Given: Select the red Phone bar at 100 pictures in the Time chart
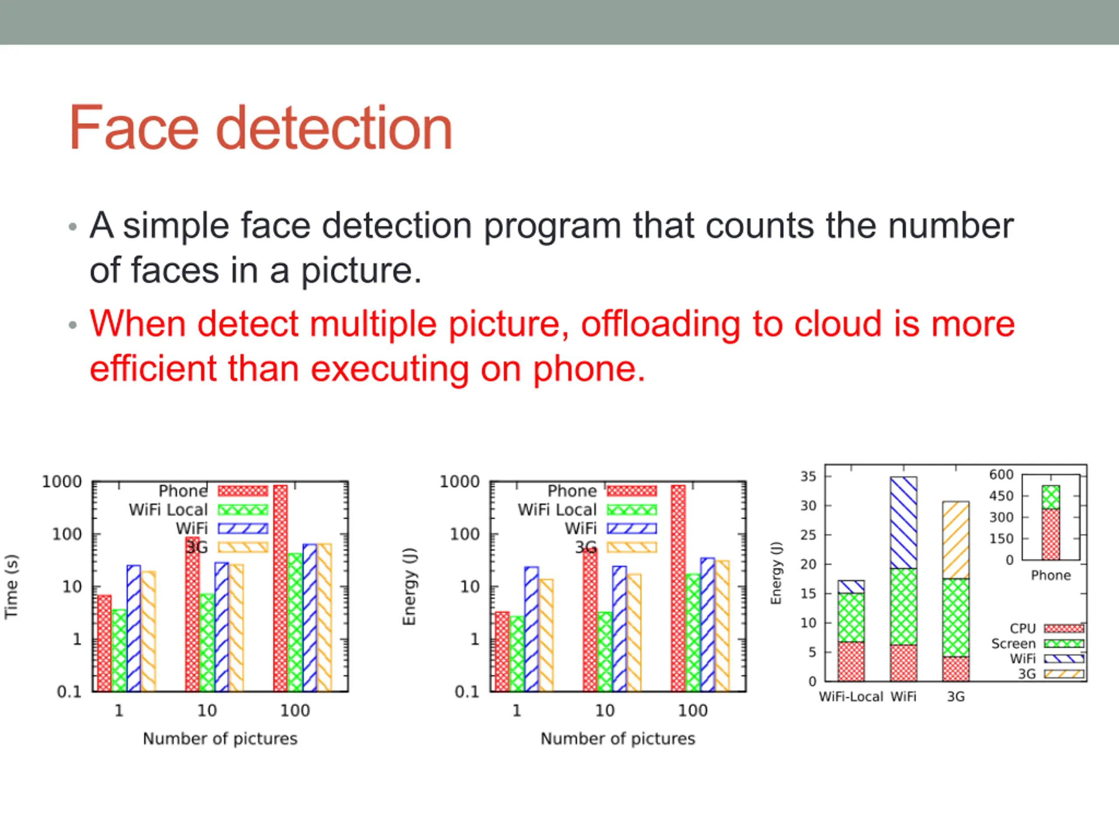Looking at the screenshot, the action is (280, 588).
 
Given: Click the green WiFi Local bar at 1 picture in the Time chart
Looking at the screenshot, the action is (119, 650).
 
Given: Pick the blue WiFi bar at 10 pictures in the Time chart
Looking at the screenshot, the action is (222, 627).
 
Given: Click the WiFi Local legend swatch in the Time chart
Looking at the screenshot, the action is (243, 510).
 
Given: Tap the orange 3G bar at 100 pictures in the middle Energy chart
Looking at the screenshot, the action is (723, 626).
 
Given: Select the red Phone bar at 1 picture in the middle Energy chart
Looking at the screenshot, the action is (502, 652).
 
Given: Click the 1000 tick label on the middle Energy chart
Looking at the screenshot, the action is (459, 482).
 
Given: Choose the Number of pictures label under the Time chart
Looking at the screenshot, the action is (220, 738).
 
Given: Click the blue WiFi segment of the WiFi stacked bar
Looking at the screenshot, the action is (904, 523).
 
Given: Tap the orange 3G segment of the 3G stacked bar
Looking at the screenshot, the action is (956, 540).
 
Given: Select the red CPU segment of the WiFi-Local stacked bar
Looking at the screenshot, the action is (851, 662).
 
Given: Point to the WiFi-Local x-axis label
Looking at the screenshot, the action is (851, 697).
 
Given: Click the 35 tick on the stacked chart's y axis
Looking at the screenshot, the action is (808, 476).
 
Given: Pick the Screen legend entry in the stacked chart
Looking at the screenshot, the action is (1037, 644).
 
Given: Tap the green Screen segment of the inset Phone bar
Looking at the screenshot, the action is (1051, 498).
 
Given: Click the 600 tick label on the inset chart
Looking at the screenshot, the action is (1002, 475).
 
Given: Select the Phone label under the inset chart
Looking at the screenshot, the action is (1051, 576).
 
